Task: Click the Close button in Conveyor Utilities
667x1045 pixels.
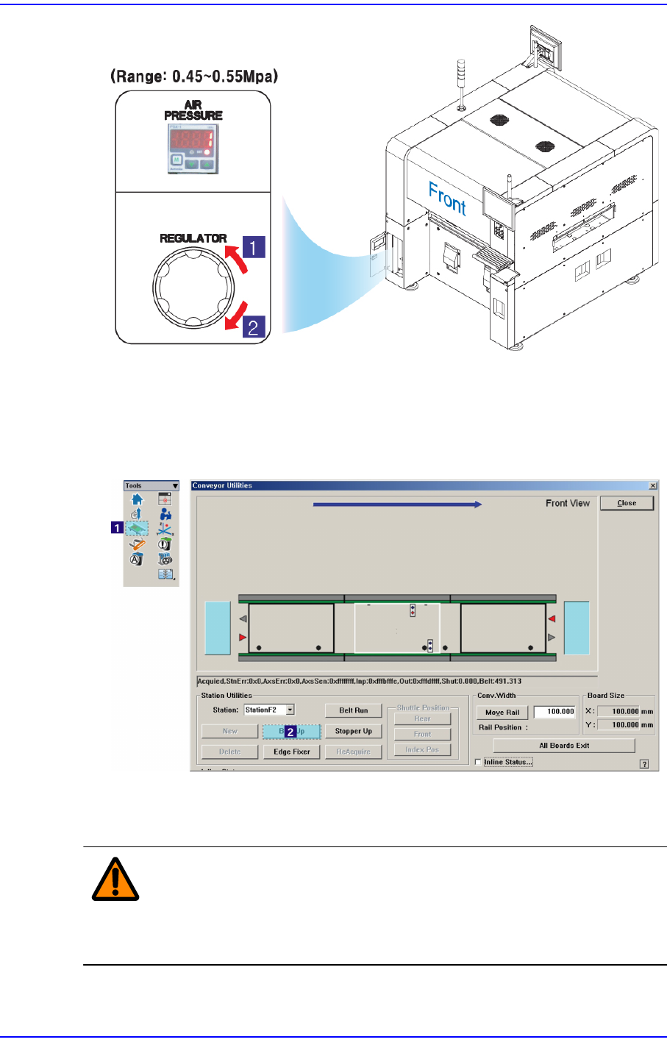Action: tap(627, 503)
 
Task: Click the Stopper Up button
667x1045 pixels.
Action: tap(353, 731)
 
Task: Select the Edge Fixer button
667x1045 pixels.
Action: tap(291, 752)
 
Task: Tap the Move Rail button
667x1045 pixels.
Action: tap(502, 712)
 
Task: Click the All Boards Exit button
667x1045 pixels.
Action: tap(563, 745)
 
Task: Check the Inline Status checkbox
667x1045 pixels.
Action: tap(478, 762)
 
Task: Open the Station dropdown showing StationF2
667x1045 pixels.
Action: tap(290, 710)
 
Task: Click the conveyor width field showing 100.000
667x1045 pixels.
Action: tap(554, 712)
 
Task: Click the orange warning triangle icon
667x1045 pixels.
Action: tap(115, 879)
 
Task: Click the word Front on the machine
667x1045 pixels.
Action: tap(447, 199)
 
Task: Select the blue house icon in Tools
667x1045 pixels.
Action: tap(137, 500)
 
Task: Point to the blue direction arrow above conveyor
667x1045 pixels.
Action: tap(397, 504)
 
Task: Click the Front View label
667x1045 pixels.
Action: tap(567, 503)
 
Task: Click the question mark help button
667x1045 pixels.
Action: tap(644, 764)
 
